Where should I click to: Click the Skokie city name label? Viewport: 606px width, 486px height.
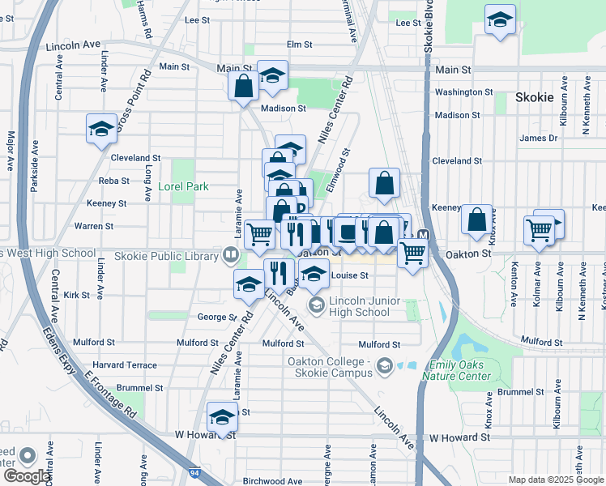(534, 97)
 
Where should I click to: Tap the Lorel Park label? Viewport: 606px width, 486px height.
(182, 186)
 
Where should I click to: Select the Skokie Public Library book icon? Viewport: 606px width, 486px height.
(232, 256)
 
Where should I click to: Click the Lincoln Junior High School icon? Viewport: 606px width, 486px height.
(316, 305)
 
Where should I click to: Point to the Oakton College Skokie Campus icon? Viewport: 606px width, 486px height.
(384, 366)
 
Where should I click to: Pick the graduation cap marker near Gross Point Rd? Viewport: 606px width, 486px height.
(101, 128)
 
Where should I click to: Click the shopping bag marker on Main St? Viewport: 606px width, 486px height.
(243, 85)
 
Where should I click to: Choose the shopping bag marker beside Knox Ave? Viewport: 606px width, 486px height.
(477, 219)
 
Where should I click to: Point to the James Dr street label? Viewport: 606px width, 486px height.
(539, 139)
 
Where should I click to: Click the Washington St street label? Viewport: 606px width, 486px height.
(463, 92)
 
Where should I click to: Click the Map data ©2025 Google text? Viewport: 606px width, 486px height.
(555, 480)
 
